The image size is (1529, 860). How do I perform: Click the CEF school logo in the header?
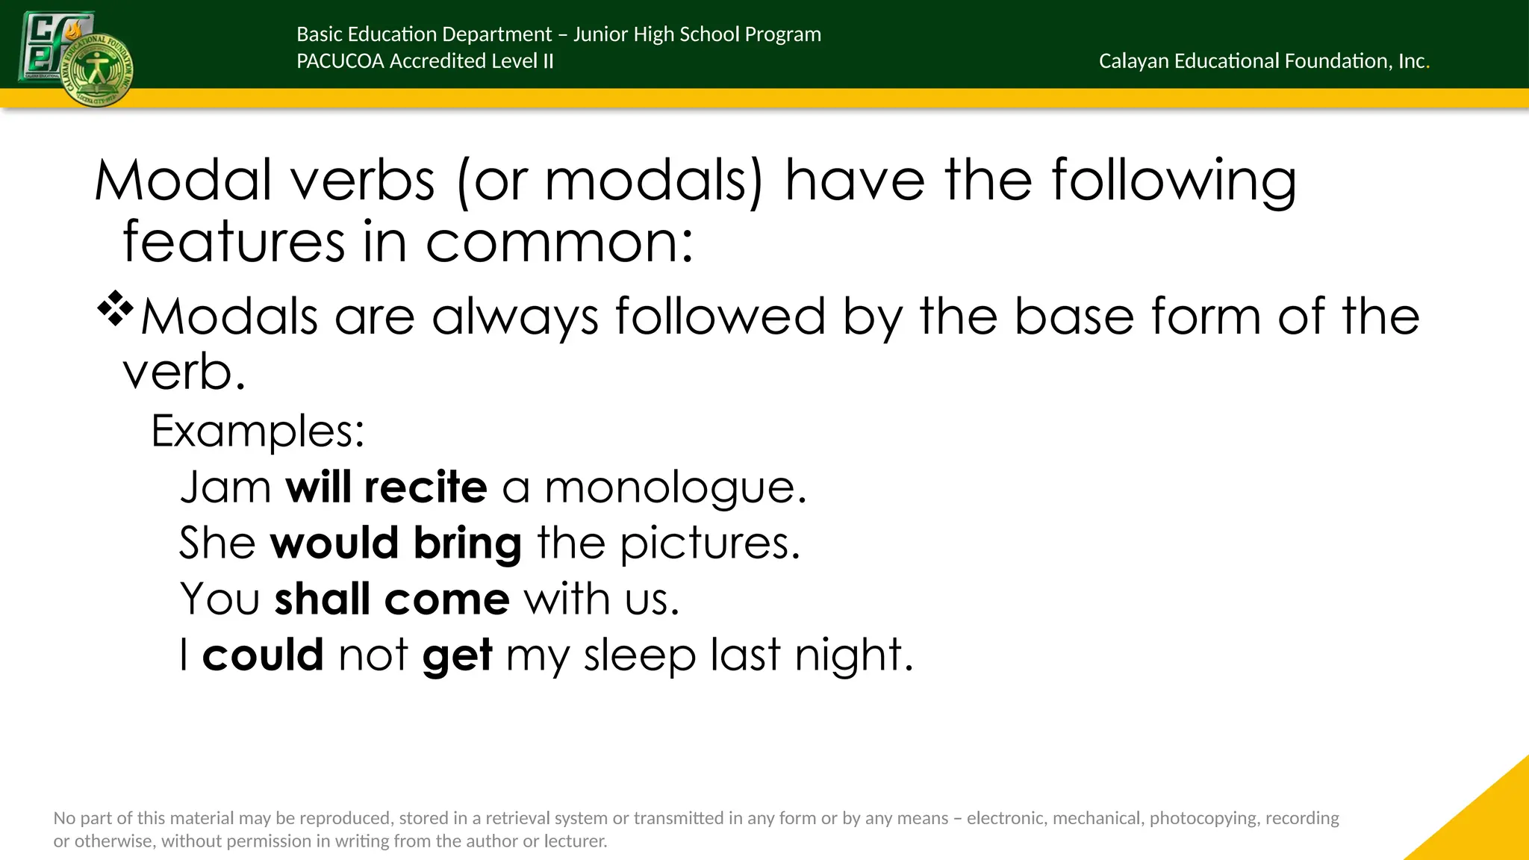[75, 58]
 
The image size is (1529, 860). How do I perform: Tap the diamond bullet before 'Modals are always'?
[115, 310]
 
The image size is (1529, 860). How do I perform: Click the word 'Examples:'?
[258, 431]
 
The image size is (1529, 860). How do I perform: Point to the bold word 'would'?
[334, 543]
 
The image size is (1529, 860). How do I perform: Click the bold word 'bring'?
[467, 544]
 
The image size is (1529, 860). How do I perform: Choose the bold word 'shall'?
[322, 599]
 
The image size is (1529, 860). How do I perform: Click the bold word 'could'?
[263, 655]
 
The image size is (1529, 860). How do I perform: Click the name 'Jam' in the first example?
[225, 487]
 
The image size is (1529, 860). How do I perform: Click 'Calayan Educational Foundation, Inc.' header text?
[1263, 61]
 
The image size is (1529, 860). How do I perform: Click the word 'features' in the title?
[234, 242]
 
